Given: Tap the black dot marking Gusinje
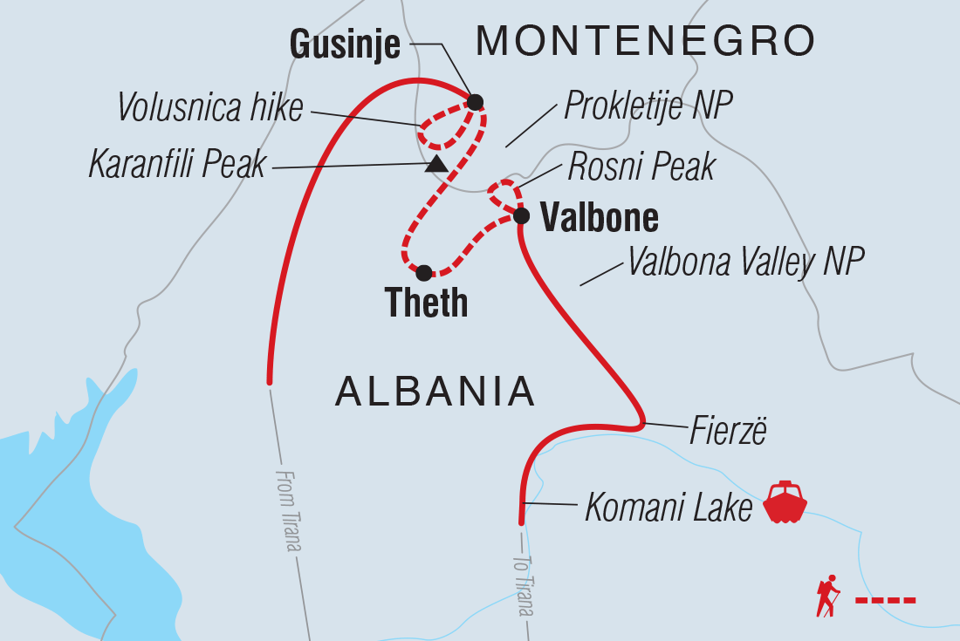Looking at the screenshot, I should (x=475, y=102).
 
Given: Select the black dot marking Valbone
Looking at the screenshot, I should (x=520, y=215).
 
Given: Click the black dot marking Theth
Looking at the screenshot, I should (x=424, y=273).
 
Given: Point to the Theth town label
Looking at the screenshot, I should (x=427, y=303).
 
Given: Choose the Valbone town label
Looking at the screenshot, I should (x=599, y=219).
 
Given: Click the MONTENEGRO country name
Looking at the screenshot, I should (x=646, y=41).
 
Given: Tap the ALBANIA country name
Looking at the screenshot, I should (x=435, y=392).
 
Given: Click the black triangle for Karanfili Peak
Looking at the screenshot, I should (x=436, y=164).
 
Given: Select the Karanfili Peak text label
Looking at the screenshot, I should (x=177, y=164).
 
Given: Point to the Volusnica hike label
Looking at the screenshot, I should (x=209, y=108).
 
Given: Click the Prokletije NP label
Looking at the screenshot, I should (x=648, y=106).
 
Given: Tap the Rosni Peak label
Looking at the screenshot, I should (x=641, y=167).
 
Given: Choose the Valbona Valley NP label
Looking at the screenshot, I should (x=746, y=261).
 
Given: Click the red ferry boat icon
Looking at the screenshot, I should (x=785, y=502).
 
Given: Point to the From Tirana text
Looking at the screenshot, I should (x=288, y=510).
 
